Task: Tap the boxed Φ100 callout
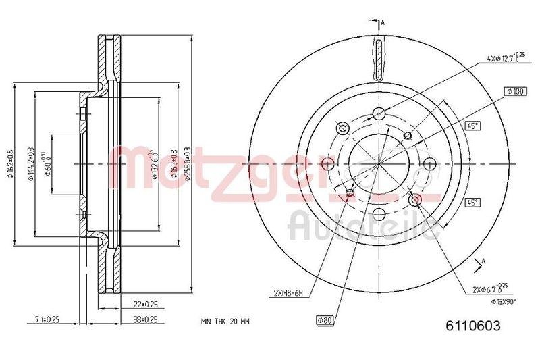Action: (515, 91)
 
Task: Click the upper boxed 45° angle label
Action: (471, 126)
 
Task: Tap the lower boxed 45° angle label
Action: (471, 202)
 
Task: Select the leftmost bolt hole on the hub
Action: (329, 164)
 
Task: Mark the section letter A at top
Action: (383, 24)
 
